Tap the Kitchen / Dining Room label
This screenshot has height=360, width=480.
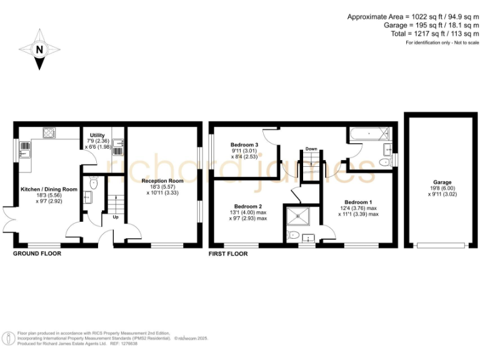tap(49, 189)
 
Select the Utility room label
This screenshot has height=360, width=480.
tap(97, 135)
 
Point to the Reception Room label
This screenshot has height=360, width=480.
tap(162, 181)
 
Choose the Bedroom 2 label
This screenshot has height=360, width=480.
tap(248, 206)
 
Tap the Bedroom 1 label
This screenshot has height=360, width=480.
tap(359, 202)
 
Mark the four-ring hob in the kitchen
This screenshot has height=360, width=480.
tap(49, 132)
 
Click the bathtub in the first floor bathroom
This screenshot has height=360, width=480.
tap(369, 133)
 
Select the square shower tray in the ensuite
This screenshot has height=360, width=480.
tap(294, 217)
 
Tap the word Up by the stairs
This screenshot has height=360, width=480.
tap(116, 218)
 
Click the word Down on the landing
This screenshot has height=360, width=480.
tap(311, 149)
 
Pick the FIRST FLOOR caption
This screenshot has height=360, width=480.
tap(229, 254)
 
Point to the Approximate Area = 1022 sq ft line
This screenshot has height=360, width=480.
tap(413, 17)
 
